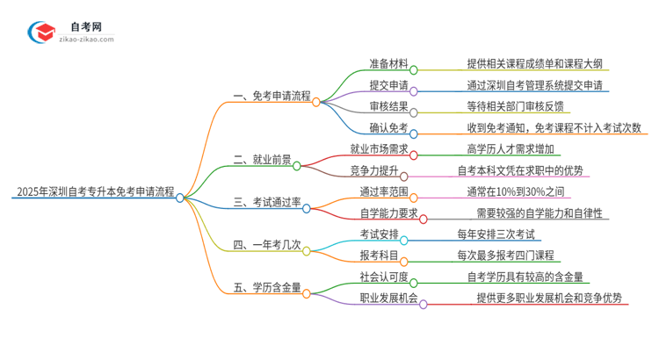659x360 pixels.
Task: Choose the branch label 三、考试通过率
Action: (x=265, y=208)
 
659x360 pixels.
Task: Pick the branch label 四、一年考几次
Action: (x=265, y=249)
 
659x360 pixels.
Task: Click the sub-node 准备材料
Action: (x=383, y=63)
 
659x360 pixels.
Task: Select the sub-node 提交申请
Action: (x=383, y=86)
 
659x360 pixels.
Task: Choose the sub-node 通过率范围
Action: (x=383, y=191)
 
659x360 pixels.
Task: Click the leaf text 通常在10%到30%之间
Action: (x=515, y=191)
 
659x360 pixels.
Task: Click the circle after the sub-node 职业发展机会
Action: (x=424, y=304)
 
